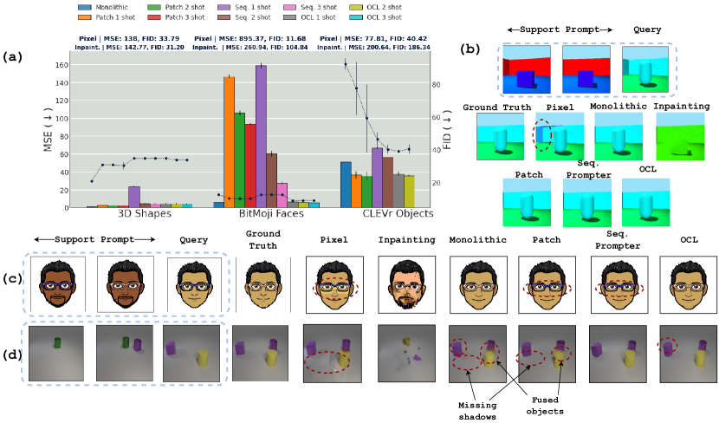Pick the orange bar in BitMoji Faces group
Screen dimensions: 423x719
click(230, 142)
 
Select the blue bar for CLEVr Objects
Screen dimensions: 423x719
click(346, 185)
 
